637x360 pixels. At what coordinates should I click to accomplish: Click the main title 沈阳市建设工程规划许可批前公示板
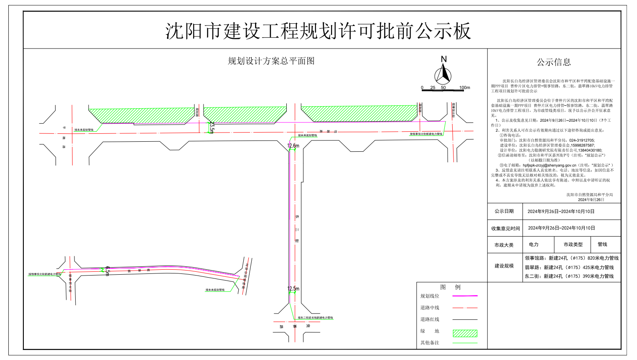318,31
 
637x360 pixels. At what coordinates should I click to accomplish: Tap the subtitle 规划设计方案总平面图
271,61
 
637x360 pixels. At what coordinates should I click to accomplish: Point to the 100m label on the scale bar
464,88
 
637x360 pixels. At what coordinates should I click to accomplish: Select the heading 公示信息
554,62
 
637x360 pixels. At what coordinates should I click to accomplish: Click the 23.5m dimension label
212,128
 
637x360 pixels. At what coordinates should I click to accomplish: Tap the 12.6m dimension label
293,146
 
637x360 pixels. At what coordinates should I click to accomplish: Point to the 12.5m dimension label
293,289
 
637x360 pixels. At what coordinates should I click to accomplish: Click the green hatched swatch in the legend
465,333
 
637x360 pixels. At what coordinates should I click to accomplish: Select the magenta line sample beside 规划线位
465,296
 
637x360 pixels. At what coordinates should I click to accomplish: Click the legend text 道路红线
430,319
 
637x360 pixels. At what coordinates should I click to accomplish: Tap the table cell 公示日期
504,212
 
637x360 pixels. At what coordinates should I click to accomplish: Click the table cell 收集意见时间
505,228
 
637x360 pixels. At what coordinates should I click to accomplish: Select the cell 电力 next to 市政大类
534,245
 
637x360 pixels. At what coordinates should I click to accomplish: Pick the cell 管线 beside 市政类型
602,245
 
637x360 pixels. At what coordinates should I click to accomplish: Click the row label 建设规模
504,266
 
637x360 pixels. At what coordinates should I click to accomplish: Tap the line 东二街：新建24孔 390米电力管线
569,276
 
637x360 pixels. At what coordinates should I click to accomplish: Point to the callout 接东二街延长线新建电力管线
315,318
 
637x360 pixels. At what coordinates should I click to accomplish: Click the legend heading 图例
450,287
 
